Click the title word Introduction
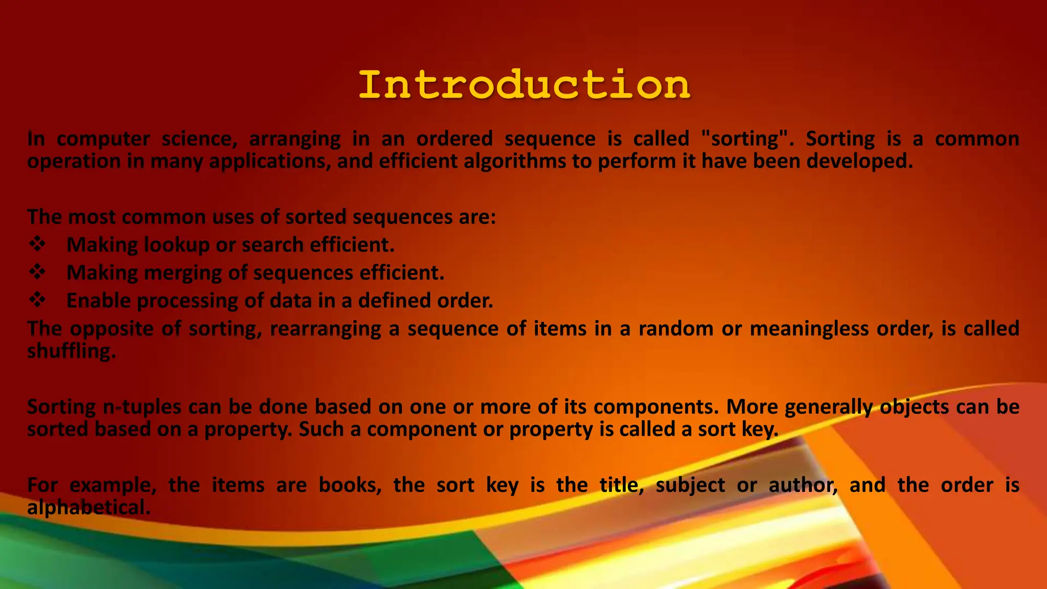524,85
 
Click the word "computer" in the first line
103,139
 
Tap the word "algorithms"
514,162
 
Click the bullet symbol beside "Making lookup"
37,244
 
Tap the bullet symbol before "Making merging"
37,273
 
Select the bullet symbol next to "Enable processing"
37,300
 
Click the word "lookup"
176,245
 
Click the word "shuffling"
72,351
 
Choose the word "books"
350,485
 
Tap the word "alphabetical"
89,508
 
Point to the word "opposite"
111,329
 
